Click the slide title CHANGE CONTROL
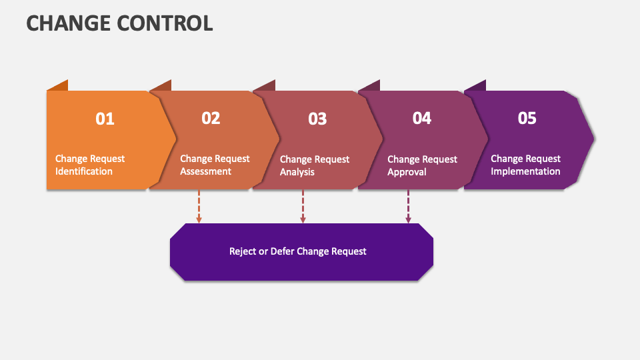[119, 23]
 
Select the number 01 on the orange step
[105, 119]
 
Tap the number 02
[211, 118]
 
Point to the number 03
[317, 119]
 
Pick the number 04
[421, 118]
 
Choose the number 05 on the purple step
[527, 118]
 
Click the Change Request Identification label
[89, 165]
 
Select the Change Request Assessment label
[215, 165]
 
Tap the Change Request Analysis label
[314, 166]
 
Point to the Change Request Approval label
[422, 166]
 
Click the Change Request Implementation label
[525, 165]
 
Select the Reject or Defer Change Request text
[298, 251]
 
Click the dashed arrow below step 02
[199, 206]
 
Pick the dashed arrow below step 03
[303, 206]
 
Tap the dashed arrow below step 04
[408, 206]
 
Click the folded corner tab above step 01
[59, 86]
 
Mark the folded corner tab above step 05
[476, 86]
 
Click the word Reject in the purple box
[243, 251]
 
